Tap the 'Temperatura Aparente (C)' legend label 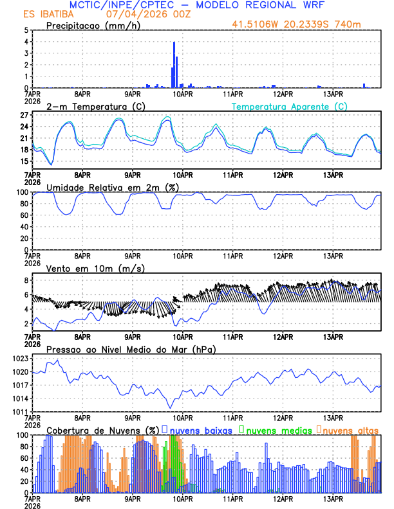(x=289, y=106)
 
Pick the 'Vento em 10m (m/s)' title (x=87, y=267)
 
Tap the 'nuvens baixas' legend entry (x=201, y=429)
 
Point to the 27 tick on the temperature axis (x=23, y=115)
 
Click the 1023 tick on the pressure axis (x=21, y=358)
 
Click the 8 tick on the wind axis (x=26, y=281)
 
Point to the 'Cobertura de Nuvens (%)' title (x=102, y=429)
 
